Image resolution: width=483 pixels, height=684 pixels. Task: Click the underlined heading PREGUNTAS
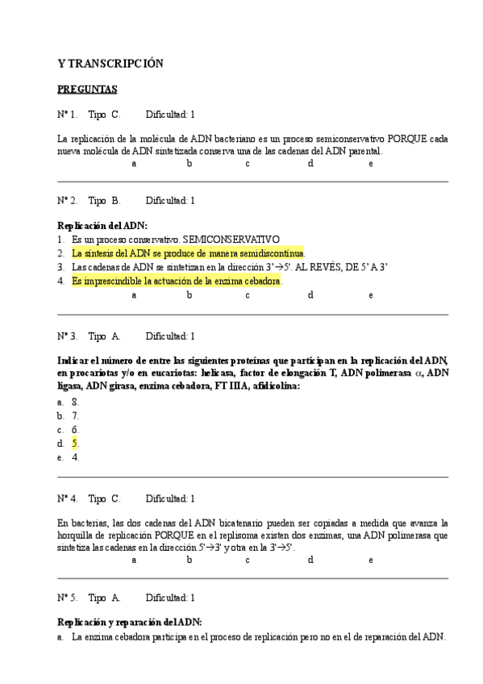tap(86, 89)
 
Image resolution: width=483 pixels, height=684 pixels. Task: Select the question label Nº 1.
tap(67, 115)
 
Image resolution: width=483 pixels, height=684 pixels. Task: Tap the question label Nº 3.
tap(67, 336)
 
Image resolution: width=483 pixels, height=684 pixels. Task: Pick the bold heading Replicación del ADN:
tap(102, 226)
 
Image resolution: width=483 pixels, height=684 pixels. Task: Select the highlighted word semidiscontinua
tap(269, 253)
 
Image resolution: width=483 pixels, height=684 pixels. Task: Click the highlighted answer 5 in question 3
tap(75, 443)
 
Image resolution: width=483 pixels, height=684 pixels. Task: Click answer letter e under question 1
tap(370, 164)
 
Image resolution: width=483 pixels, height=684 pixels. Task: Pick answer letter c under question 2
tap(248, 294)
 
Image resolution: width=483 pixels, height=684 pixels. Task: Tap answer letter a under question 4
tap(134, 559)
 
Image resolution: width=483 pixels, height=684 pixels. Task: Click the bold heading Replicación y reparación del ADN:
tap(129, 622)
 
